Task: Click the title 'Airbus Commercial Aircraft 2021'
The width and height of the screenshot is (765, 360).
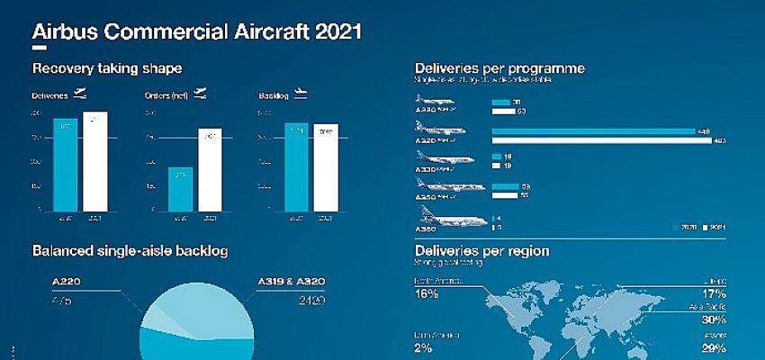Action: (x=197, y=33)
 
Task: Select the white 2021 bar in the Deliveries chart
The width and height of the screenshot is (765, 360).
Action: (x=94, y=161)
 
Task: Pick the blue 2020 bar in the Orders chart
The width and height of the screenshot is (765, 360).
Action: (x=181, y=188)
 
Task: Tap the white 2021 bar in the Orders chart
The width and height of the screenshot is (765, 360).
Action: (x=210, y=169)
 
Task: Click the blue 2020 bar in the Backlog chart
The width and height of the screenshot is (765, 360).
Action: (x=296, y=166)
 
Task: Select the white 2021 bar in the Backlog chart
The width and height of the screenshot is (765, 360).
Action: (x=325, y=167)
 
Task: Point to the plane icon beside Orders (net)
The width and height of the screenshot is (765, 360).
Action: (x=199, y=94)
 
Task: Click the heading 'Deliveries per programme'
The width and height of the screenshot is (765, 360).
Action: (x=499, y=69)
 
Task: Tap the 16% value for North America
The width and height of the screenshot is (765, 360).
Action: (x=426, y=293)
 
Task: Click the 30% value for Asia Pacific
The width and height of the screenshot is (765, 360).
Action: (x=713, y=319)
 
